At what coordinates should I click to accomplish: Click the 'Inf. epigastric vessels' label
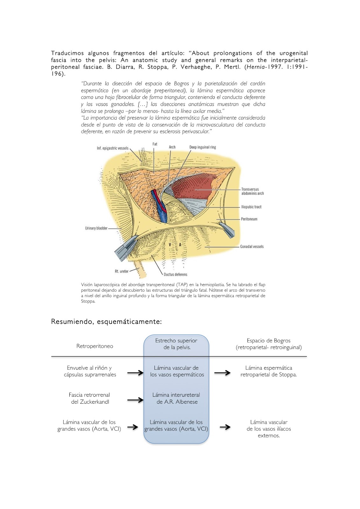point(113,148)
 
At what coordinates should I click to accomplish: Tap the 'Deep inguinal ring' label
point(203,147)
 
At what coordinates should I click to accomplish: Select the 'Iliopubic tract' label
point(251,207)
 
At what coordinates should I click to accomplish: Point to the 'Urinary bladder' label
point(96,228)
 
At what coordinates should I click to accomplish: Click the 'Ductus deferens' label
point(175,275)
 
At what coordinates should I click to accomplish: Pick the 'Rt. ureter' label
point(121,272)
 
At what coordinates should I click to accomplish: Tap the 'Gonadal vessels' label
point(252,247)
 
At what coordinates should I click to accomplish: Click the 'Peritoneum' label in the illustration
point(249,219)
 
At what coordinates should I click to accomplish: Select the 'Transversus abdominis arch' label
point(252,191)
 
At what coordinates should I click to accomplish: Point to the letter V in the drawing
point(170,245)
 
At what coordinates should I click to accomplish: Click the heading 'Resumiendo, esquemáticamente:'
point(106,322)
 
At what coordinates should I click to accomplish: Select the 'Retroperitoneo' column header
point(94,346)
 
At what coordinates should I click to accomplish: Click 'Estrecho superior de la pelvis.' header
point(176,344)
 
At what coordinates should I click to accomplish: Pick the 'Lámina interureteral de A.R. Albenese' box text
point(176,398)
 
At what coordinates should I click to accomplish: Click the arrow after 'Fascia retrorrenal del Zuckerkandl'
point(135,400)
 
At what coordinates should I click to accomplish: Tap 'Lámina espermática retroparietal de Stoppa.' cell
point(268,371)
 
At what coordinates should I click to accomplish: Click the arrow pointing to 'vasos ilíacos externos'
point(225,427)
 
